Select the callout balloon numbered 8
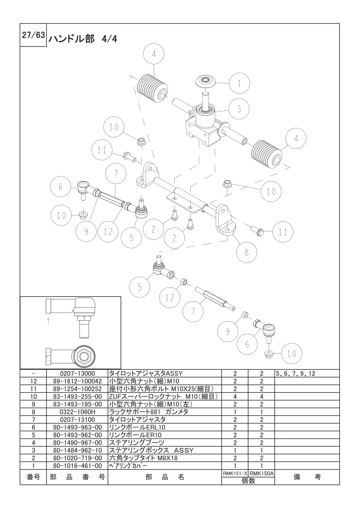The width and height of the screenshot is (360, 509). click(x=247, y=252)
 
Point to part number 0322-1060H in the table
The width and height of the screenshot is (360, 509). click(x=77, y=411)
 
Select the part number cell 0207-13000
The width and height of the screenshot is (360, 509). click(x=77, y=373)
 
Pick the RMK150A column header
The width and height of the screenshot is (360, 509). click(x=261, y=473)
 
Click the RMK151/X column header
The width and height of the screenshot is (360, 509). click(x=235, y=473)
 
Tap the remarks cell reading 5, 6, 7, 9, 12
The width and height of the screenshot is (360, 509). click(x=295, y=373)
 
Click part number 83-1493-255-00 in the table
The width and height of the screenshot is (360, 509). click(x=77, y=396)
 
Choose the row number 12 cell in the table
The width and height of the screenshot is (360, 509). click(x=34, y=381)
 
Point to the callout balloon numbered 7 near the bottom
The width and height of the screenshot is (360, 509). click(x=193, y=311)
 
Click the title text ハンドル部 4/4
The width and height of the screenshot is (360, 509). click(x=83, y=39)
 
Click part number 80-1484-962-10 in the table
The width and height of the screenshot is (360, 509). click(x=77, y=450)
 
